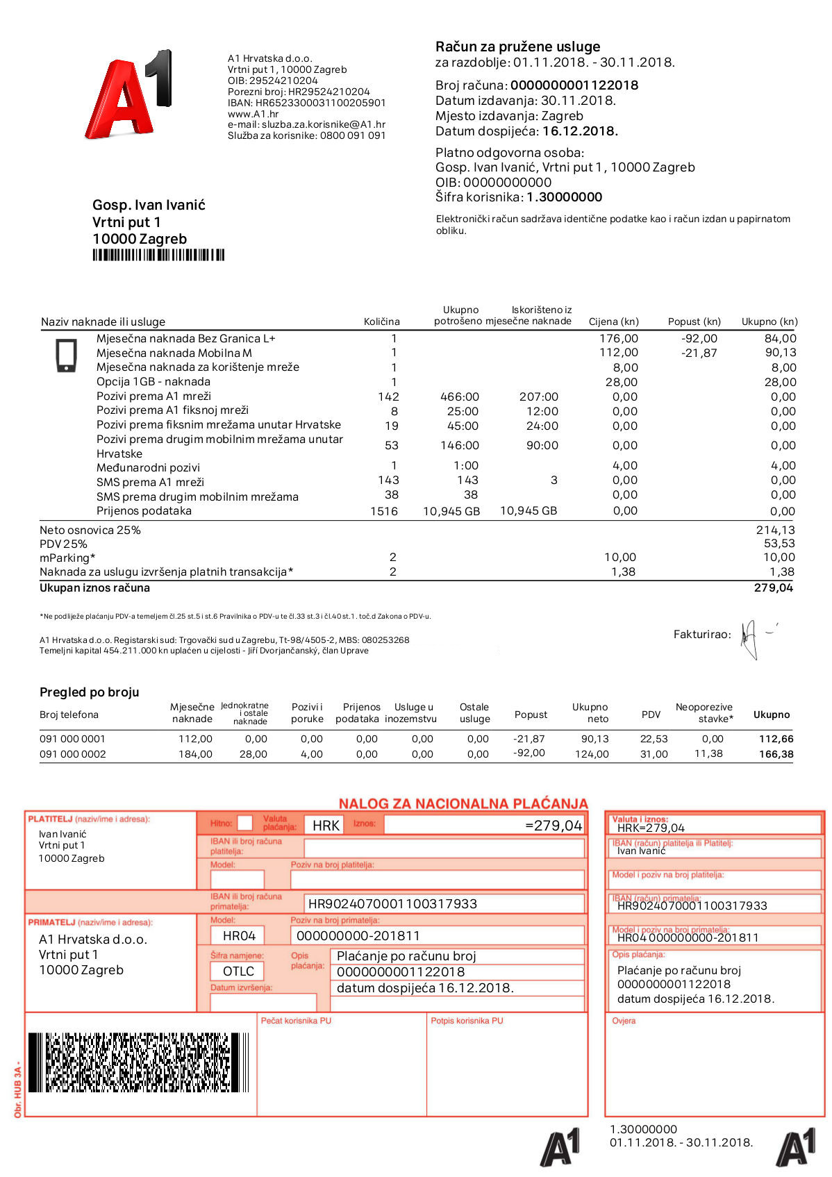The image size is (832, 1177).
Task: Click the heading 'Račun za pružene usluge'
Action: (517, 47)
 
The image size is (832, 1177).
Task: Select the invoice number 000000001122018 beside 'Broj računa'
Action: (574, 85)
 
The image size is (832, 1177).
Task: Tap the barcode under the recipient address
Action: (158, 255)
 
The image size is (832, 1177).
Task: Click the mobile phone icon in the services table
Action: (66, 355)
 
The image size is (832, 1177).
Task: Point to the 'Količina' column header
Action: (381, 322)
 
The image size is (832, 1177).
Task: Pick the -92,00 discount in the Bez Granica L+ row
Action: (699, 338)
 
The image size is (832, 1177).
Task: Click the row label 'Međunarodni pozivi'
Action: (148, 467)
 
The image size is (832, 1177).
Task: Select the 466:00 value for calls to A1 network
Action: (459, 396)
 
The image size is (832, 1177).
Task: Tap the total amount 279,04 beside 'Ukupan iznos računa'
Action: (773, 587)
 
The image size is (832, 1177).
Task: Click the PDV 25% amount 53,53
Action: (779, 543)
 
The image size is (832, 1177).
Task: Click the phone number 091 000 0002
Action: (73, 754)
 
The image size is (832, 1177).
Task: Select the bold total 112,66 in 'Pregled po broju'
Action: (776, 739)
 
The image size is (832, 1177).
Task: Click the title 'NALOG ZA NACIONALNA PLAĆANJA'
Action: (463, 803)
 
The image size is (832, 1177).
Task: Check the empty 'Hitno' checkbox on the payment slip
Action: (244, 823)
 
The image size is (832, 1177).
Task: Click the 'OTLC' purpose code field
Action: (238, 971)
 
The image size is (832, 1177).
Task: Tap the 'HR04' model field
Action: (239, 935)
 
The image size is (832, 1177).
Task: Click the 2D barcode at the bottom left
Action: (138, 1062)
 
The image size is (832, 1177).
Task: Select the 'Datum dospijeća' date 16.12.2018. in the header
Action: (580, 131)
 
